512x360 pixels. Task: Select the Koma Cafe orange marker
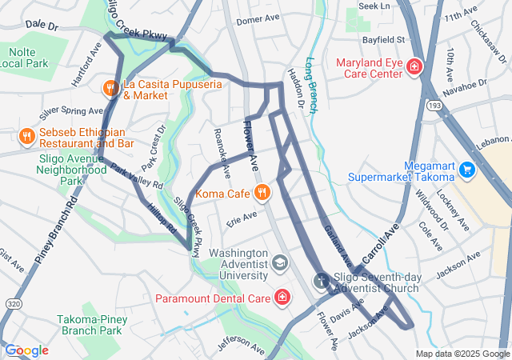(x=262, y=192)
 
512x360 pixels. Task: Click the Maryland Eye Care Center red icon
(x=414, y=67)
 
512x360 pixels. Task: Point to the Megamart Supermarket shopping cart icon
(x=467, y=170)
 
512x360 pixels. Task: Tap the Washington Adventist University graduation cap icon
(x=279, y=262)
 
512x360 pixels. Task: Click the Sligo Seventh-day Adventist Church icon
(x=321, y=281)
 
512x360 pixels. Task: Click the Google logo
(x=26, y=350)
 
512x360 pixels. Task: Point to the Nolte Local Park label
(x=27, y=58)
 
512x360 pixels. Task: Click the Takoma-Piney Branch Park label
(x=89, y=325)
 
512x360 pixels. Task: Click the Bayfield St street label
(x=381, y=38)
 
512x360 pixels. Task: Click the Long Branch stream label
(x=311, y=83)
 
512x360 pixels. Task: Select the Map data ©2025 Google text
(x=462, y=354)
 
